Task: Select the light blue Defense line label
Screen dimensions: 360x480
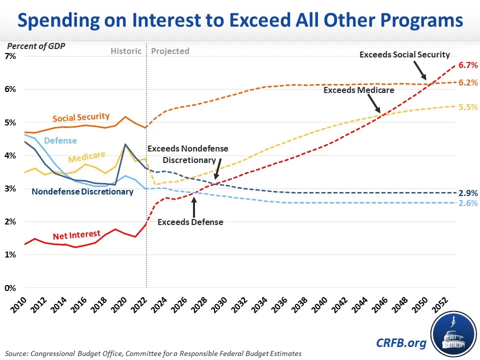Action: coord(60,140)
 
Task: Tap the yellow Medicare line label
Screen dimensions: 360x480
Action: coord(86,158)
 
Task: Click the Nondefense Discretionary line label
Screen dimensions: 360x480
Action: coord(82,191)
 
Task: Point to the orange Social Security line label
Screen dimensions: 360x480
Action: coord(80,118)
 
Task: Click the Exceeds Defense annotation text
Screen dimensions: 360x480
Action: coord(190,222)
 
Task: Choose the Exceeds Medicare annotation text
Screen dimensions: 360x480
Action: coord(358,90)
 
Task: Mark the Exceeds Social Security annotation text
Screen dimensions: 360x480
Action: coord(404,54)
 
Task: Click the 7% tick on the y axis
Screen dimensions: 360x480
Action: coord(10,56)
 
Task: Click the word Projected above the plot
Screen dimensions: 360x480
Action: coord(170,51)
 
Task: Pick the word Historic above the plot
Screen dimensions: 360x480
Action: coord(125,51)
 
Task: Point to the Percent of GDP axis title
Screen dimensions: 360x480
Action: coord(35,46)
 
